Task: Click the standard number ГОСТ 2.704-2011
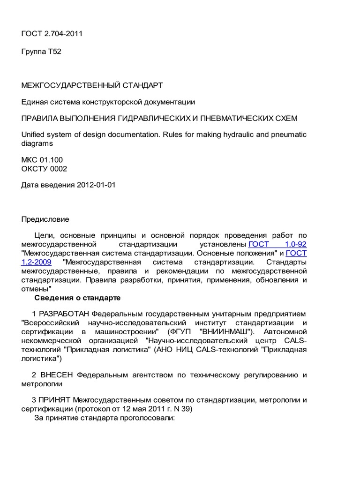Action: click(x=52, y=33)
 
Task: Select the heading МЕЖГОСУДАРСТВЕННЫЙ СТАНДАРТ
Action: click(x=92, y=85)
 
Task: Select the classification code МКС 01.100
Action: click(x=42, y=160)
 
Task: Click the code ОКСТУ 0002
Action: click(x=44, y=169)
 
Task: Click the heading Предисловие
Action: click(x=45, y=219)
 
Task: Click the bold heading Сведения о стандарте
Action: click(x=78, y=298)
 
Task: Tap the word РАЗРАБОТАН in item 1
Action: click(x=64, y=313)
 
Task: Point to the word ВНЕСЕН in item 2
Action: click(x=57, y=375)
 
